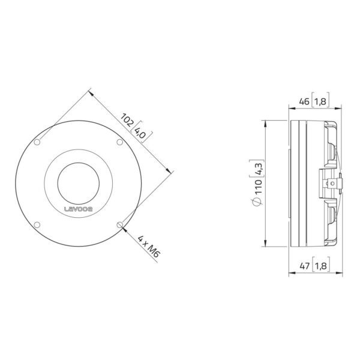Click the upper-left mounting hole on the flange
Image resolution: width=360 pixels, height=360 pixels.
(37, 142)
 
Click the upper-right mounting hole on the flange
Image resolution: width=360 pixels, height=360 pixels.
(119, 142)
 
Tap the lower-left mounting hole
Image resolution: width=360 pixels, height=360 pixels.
(37, 225)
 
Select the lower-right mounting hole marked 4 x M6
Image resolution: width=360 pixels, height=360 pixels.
(119, 225)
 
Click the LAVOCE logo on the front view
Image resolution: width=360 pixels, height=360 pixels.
(78, 209)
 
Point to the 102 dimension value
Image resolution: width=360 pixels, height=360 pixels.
(127, 119)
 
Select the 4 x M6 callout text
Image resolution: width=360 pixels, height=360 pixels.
(148, 246)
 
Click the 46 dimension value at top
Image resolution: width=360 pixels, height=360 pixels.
(304, 101)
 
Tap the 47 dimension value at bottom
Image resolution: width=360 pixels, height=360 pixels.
(305, 266)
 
